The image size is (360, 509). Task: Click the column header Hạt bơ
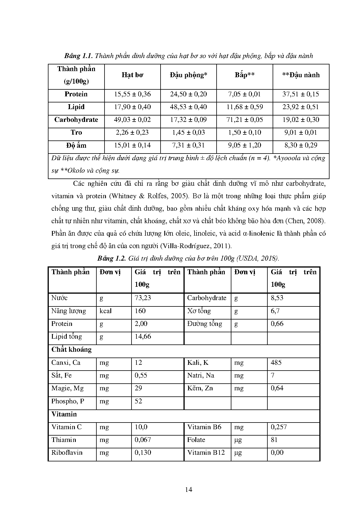click(x=132, y=75)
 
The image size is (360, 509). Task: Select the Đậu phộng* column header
click(x=188, y=75)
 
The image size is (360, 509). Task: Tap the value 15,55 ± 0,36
click(x=132, y=94)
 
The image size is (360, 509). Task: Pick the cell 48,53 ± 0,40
click(x=188, y=107)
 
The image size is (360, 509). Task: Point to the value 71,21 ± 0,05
click(x=244, y=120)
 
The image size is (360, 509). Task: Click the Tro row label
click(x=76, y=133)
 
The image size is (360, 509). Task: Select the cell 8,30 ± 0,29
click(x=301, y=145)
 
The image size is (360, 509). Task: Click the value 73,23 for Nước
click(x=143, y=298)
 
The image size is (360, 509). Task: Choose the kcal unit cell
click(x=105, y=311)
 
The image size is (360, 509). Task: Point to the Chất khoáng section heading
click(x=71, y=349)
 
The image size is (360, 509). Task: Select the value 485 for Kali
click(x=276, y=362)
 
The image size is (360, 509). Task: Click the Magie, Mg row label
click(x=67, y=388)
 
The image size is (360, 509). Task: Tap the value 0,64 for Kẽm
click(x=277, y=388)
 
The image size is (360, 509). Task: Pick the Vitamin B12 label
click(x=206, y=453)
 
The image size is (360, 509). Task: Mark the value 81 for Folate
click(x=274, y=440)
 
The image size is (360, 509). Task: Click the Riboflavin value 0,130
click(x=143, y=453)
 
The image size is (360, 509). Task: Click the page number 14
click(x=188, y=490)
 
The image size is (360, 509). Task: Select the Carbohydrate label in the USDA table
click(x=206, y=298)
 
